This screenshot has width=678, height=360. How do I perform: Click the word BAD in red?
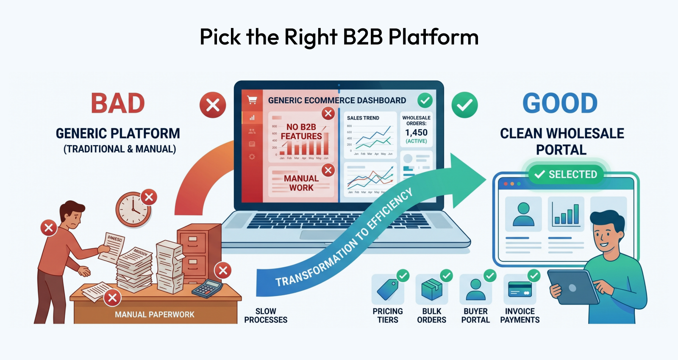point(118,104)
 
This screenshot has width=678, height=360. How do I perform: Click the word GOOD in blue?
point(560,104)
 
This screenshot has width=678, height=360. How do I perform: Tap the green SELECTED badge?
point(566,174)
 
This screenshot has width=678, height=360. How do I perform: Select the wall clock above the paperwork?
point(133,210)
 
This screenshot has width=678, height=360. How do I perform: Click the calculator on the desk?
point(207,288)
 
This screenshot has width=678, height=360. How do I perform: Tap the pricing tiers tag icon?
point(387,290)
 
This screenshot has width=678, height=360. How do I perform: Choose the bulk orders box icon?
point(431,290)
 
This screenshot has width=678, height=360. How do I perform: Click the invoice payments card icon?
point(520,290)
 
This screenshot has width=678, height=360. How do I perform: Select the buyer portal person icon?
point(475,290)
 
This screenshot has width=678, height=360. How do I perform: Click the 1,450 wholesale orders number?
point(416,133)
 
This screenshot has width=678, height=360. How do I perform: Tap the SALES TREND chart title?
point(363,118)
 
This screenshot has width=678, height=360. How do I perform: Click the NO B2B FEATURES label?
point(301,132)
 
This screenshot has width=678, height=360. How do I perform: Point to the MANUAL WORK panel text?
point(301,183)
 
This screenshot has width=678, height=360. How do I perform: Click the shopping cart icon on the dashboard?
point(252,100)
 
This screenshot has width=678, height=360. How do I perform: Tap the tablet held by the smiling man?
point(572,288)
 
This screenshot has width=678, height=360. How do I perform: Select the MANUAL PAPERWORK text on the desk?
point(155,315)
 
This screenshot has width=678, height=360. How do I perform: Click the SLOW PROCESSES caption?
point(266,316)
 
